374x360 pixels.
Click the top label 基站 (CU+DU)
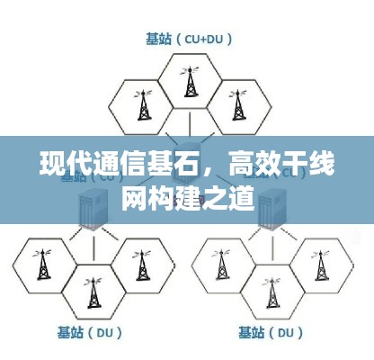point(189,40)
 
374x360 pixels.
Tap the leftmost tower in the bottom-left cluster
point(43,265)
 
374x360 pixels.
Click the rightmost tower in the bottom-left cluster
point(142,265)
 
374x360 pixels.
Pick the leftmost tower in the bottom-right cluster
point(221,265)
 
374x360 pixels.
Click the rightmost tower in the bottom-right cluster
point(320,265)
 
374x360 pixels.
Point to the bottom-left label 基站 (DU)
point(90,333)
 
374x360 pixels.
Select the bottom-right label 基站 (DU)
point(271,333)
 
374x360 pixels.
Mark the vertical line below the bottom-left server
point(93,248)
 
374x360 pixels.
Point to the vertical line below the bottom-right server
point(272,248)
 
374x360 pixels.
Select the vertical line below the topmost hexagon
point(190,123)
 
